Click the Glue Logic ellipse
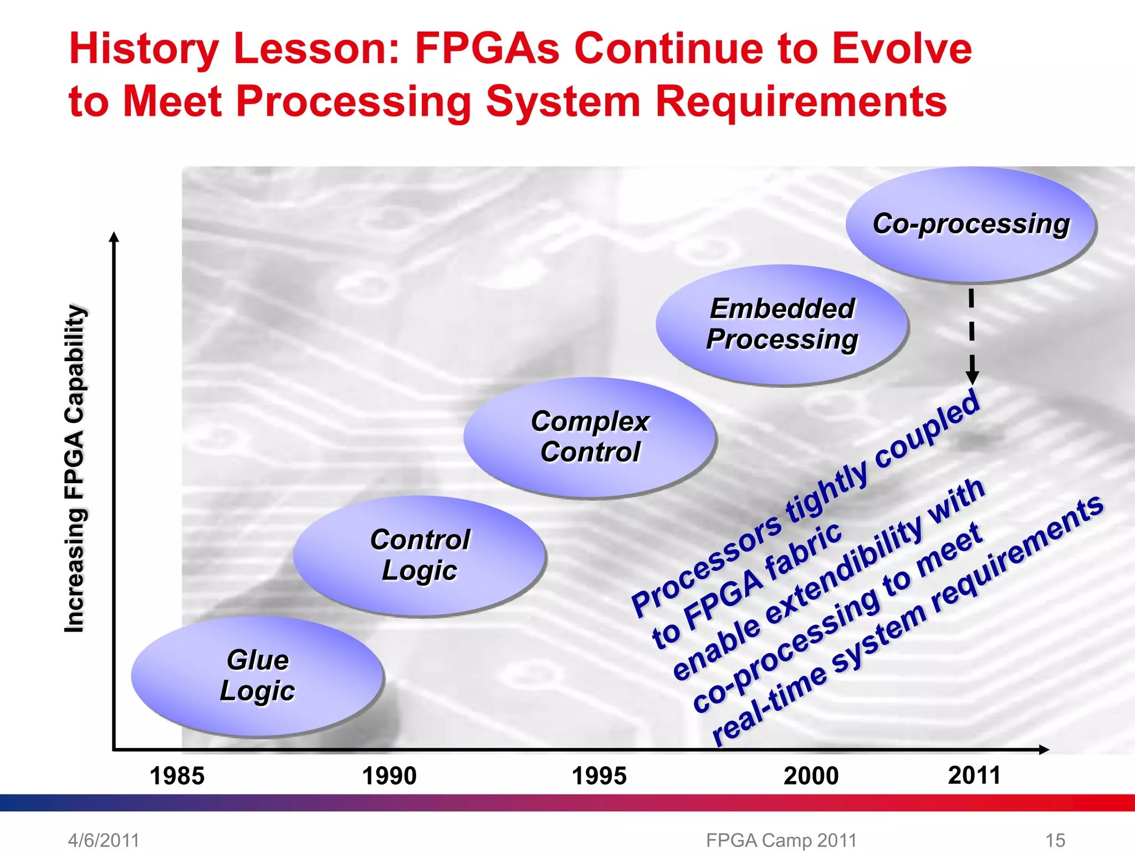[257, 676]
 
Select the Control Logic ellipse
[420, 556]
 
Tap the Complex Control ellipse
[590, 437]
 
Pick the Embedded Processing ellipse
[781, 325]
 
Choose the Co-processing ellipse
[970, 224]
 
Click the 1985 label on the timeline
[177, 776]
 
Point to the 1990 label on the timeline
[389, 776]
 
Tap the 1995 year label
[599, 776]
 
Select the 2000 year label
[811, 776]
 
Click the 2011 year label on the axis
[974, 775]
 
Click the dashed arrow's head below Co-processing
[972, 378]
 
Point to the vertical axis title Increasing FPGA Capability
[74, 468]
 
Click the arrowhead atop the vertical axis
[114, 237]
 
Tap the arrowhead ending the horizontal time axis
[1044, 750]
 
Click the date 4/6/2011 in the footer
[104, 840]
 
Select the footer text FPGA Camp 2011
[781, 840]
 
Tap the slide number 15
[1055, 840]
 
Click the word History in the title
[144, 49]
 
